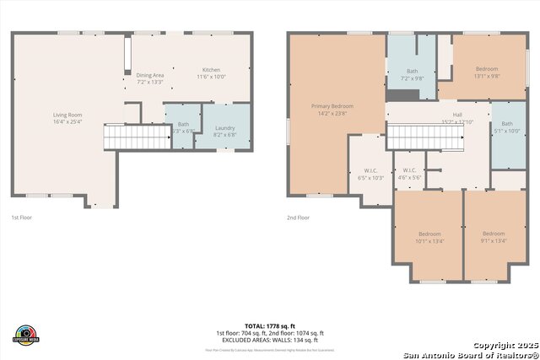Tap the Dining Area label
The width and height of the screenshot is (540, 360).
[x=150, y=76]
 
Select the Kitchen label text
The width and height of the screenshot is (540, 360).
[x=211, y=70]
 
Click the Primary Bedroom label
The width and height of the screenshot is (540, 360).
[x=332, y=106]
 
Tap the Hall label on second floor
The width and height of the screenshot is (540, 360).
[x=456, y=115]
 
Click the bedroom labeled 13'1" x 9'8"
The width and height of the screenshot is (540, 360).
[x=487, y=69]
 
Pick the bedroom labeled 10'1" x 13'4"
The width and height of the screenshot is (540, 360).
[x=429, y=234]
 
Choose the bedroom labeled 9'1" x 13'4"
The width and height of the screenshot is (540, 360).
[x=494, y=234]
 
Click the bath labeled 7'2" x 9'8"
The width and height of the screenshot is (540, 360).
[x=412, y=72]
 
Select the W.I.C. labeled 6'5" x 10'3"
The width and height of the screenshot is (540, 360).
[x=370, y=175]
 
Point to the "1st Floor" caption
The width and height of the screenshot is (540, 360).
[x=22, y=218]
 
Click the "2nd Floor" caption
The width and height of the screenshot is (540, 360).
[x=298, y=218]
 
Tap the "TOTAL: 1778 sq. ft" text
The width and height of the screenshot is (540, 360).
[x=271, y=325]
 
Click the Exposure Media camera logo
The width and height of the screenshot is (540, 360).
[x=27, y=335]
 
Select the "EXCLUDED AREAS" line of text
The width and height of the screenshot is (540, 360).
[x=271, y=339]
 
